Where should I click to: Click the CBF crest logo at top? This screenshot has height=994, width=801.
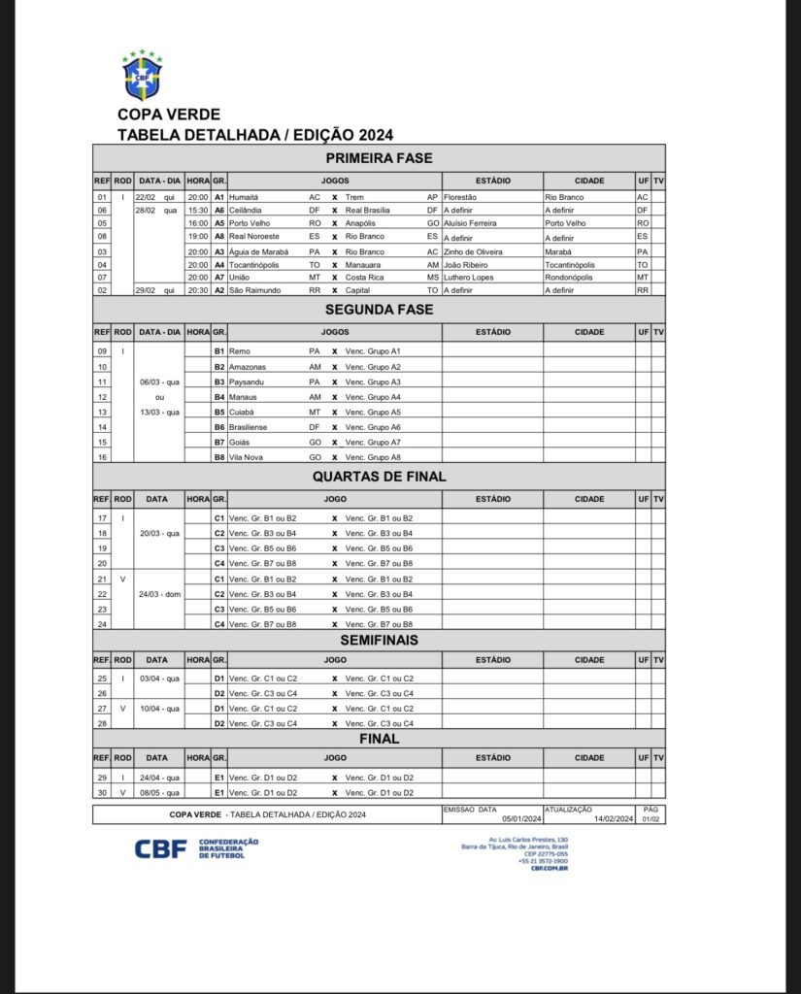click(142, 76)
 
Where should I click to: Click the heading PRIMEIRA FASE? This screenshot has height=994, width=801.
click(379, 158)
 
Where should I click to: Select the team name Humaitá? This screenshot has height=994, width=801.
click(245, 197)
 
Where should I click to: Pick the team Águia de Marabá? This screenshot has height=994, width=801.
click(257, 251)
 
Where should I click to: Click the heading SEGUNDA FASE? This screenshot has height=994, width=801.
click(379, 310)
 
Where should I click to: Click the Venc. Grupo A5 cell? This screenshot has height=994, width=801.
click(373, 412)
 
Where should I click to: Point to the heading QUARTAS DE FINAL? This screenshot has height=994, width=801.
click(379, 477)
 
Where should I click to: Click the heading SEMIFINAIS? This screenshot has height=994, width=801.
click(379, 643)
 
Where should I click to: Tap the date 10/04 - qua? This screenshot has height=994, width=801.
click(156, 708)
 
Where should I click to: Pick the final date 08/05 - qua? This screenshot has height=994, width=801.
click(156, 793)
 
